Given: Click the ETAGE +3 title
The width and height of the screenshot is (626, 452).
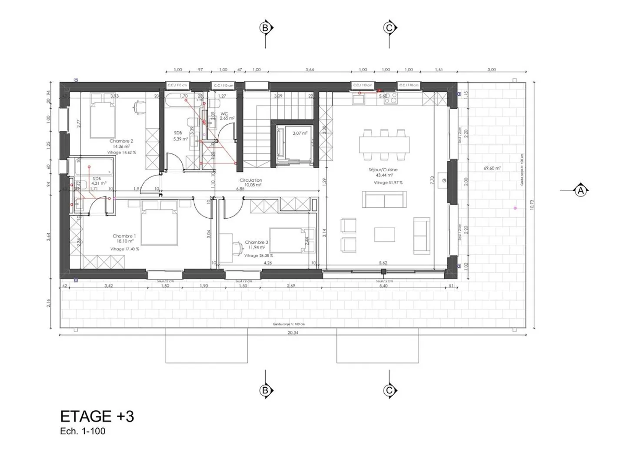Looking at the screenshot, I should pos(97,416).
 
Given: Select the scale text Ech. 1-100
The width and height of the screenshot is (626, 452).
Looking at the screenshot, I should pos(83,432).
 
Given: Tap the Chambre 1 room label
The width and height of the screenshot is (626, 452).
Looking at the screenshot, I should pos(124,236).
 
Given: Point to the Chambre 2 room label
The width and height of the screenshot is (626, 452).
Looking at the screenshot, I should pos(121,141).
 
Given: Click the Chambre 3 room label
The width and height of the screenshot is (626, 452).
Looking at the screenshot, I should pos(256,242).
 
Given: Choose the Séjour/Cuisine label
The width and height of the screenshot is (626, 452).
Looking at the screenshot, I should pos(383,170).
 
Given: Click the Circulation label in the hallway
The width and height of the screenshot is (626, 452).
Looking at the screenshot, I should pos(251,180).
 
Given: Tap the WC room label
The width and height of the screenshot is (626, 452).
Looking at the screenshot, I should pos(224,113).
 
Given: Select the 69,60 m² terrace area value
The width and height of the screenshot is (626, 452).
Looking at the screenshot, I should pos(492,168).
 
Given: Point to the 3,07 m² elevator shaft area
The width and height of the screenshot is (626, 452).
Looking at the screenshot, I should pos(300,133).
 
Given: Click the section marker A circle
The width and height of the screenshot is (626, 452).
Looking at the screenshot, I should pos(580,190).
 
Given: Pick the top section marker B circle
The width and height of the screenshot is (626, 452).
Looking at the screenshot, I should pos(265,28).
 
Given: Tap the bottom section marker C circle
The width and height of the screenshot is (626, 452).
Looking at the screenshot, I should pos(389,391).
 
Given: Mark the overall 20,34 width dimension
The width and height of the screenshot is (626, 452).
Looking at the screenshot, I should pos(293,332).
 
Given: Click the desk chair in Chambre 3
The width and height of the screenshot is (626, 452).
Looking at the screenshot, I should pos(237,248).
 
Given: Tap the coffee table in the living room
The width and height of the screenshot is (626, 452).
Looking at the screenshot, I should pos(385,234).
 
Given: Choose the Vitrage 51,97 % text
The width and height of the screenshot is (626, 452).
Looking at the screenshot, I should pos(388,183).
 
